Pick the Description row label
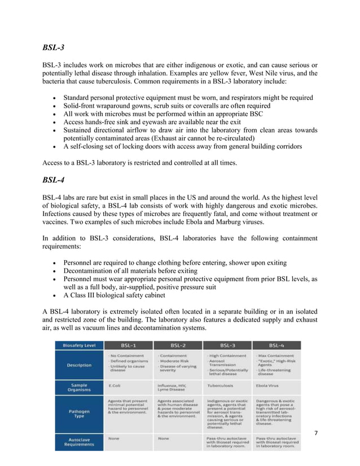[x=79, y=364]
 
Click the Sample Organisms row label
[x=79, y=388]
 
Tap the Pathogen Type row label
[x=79, y=415]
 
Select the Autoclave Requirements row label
[x=79, y=441]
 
